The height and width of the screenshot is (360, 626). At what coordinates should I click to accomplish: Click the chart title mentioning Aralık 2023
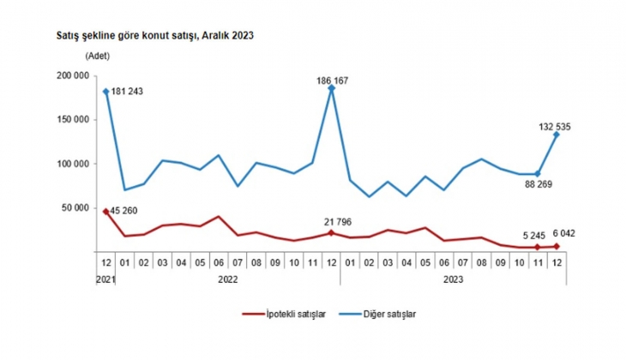[x=142, y=37]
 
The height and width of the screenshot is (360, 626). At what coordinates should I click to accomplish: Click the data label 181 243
[x=131, y=93]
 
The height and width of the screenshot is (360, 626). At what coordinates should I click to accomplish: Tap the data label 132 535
[x=555, y=128]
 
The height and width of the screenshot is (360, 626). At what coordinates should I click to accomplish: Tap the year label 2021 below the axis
[x=105, y=278]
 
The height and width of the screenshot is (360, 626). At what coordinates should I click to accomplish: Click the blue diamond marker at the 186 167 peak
[x=331, y=88]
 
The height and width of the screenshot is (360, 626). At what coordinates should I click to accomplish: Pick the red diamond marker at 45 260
[x=105, y=211]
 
